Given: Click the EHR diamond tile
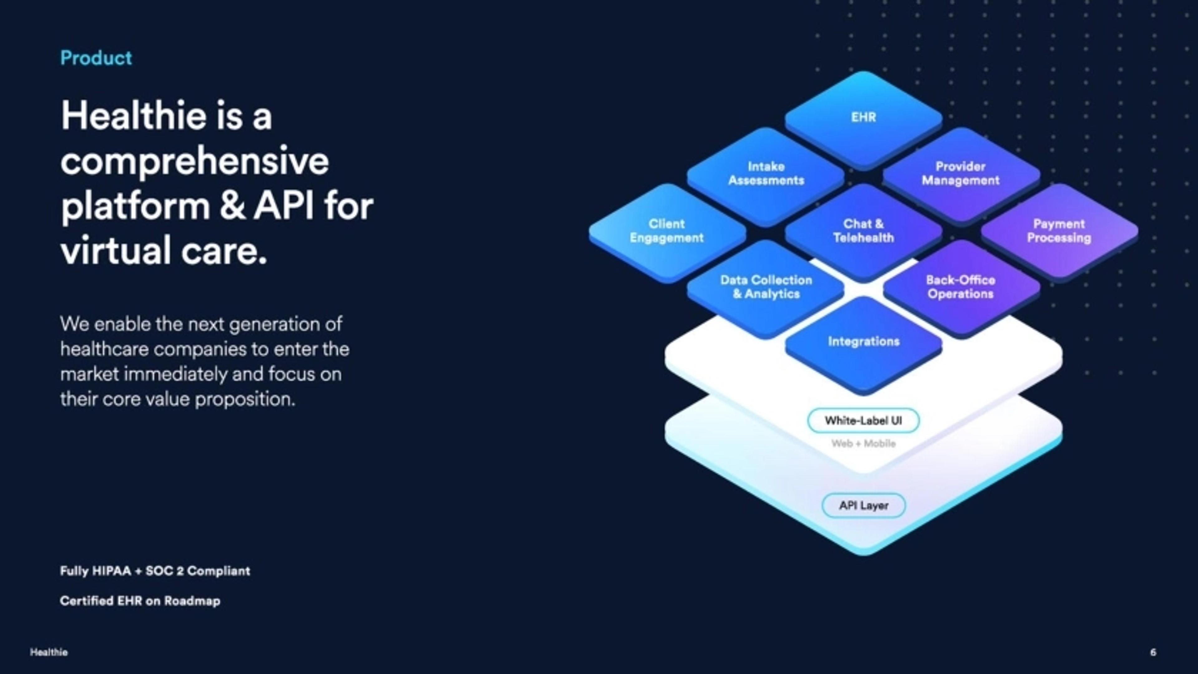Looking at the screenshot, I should pyautogui.click(x=864, y=117).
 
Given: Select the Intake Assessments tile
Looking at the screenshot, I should pyautogui.click(x=766, y=173).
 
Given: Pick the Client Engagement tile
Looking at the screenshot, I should pyautogui.click(x=666, y=231).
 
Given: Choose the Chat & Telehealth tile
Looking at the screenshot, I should pyautogui.click(x=864, y=231).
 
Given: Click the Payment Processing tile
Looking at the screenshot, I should pyautogui.click(x=1059, y=231).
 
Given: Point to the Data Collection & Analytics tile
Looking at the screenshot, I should pyautogui.click(x=766, y=287).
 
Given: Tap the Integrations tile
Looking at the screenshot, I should pyautogui.click(x=864, y=342).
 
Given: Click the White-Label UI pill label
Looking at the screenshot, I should pyautogui.click(x=863, y=421).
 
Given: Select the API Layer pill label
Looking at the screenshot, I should pyautogui.click(x=864, y=505).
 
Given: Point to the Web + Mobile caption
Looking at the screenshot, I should pyautogui.click(x=863, y=443).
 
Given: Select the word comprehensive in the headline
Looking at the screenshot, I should pyautogui.click(x=194, y=161).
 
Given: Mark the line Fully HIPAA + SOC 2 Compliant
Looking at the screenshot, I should pyautogui.click(x=155, y=571).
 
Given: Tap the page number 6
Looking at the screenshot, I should pyautogui.click(x=1153, y=652).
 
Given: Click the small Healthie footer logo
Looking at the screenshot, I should pyautogui.click(x=49, y=652).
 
